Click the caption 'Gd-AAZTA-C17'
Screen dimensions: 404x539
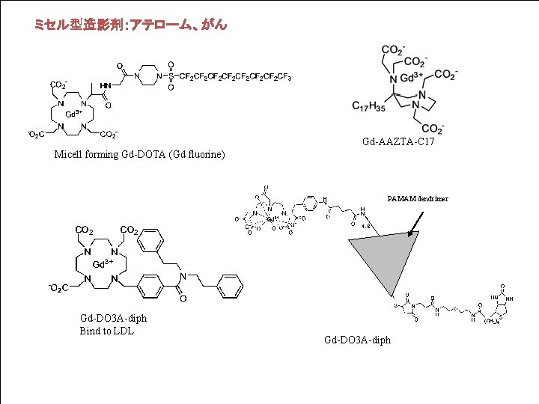pos(398,141)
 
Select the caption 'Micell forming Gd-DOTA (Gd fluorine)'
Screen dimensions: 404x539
pos(139,155)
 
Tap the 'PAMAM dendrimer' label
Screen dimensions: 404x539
pos(417,199)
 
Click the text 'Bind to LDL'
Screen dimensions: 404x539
pos(106,331)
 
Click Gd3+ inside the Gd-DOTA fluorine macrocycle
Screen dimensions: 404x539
pos(74,114)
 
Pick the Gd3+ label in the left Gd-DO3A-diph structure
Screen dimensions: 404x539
pos(103,264)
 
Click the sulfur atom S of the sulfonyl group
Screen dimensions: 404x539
pos(171,76)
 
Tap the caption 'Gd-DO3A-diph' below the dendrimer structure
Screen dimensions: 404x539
pos(357,340)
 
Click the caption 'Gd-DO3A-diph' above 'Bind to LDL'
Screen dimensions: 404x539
pos(113,319)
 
